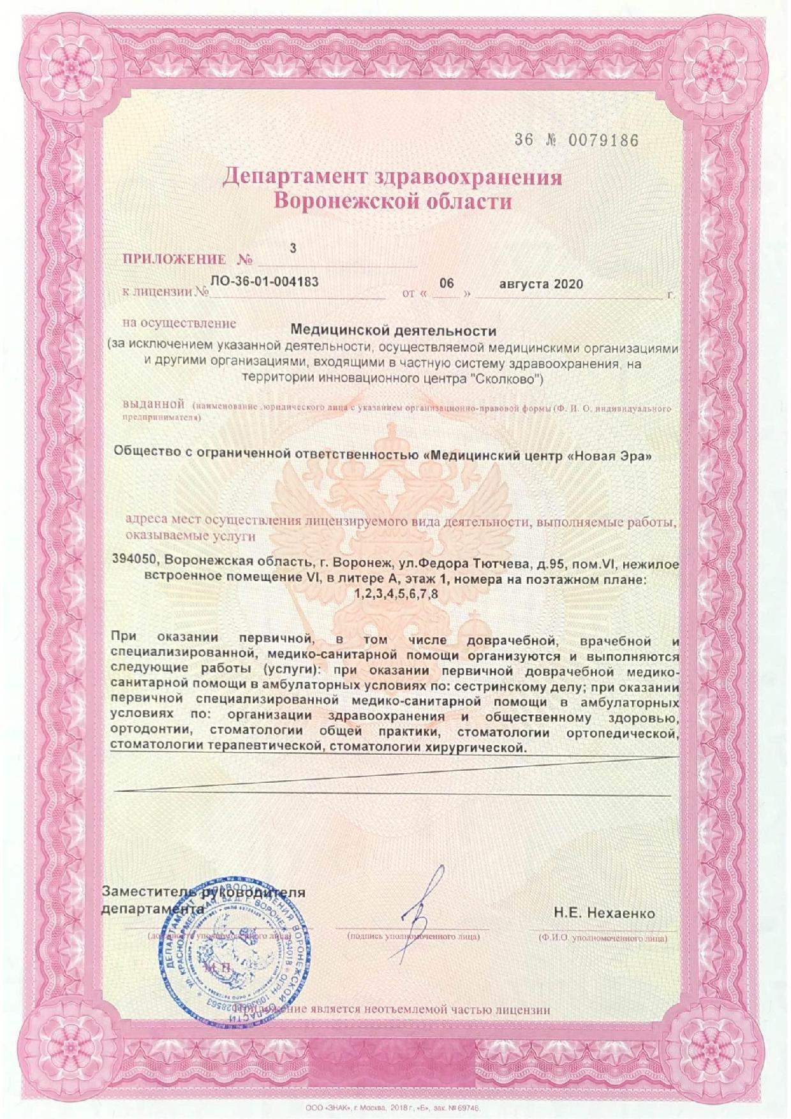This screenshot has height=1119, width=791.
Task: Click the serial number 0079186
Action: pyautogui.click(x=603, y=140)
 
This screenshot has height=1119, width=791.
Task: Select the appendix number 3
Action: pyautogui.click(x=293, y=248)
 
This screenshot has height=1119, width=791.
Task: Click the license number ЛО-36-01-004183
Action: pyautogui.click(x=264, y=281)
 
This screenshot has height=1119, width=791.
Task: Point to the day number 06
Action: pyautogui.click(x=447, y=283)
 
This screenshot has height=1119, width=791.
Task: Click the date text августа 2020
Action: pyautogui.click(x=541, y=284)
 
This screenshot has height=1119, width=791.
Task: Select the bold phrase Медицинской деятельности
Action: pyautogui.click(x=393, y=330)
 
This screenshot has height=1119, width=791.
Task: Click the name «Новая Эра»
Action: pyautogui.click(x=601, y=456)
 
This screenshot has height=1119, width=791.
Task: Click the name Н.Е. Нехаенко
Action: pyautogui.click(x=603, y=913)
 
